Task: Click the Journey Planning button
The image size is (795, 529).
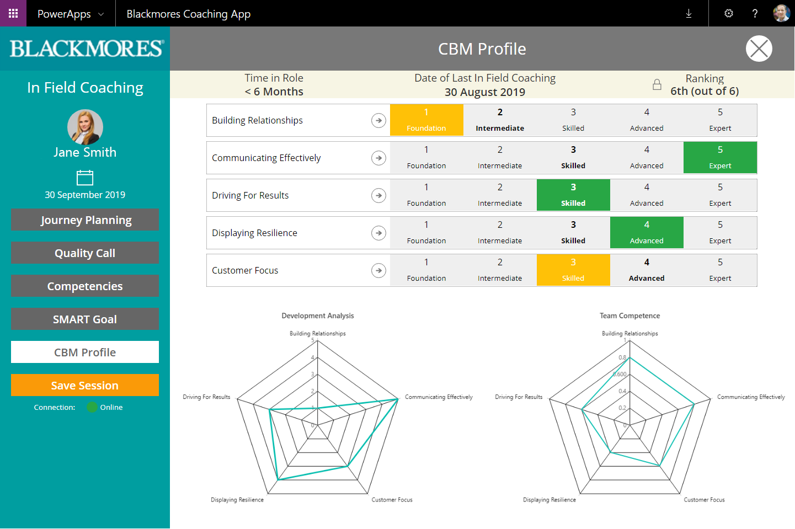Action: (85, 220)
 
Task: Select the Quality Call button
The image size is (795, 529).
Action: (85, 253)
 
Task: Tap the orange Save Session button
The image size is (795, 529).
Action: (85, 385)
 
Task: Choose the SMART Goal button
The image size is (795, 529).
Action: (85, 319)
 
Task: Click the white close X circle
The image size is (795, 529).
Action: (759, 49)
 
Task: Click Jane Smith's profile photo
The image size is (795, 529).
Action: (85, 127)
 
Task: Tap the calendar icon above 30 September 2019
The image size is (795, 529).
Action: (85, 178)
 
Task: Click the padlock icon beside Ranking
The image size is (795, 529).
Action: (657, 84)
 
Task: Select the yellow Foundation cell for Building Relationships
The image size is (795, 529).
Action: (426, 120)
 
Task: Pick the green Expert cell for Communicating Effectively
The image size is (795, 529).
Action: (720, 158)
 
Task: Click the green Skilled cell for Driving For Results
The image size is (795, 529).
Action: (573, 195)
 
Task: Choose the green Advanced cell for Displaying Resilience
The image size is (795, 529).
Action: (647, 233)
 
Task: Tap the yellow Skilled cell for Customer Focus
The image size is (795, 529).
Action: (573, 270)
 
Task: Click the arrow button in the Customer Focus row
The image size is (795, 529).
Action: (378, 270)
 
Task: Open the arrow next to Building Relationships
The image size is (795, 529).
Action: (378, 120)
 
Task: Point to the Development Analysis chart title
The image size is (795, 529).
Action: (318, 316)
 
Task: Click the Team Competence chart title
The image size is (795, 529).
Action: (629, 316)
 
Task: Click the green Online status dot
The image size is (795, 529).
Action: (92, 407)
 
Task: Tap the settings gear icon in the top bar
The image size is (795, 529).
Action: (729, 13)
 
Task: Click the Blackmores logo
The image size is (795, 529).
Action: (87, 49)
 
